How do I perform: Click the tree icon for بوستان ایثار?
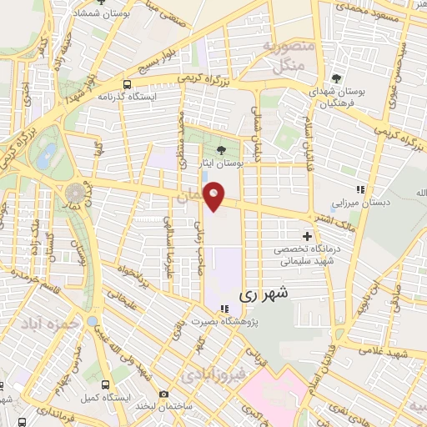click(x=220, y=150)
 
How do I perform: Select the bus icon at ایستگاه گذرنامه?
click(x=127, y=84)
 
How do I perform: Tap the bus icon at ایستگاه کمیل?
click(x=106, y=384)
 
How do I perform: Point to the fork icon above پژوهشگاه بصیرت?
click(x=224, y=308)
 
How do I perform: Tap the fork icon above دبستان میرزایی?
click(x=360, y=188)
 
